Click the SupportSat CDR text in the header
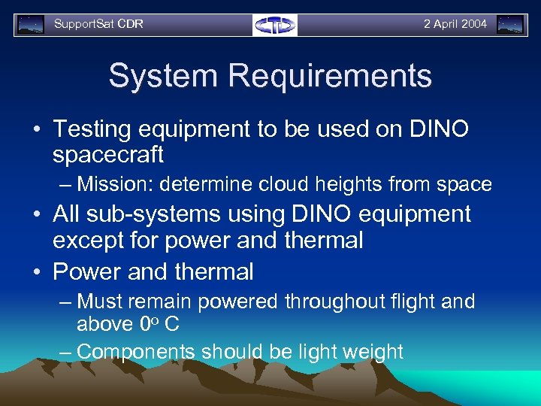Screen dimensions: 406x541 pyautogui.click(x=98, y=24)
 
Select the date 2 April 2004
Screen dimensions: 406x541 pyautogui.click(x=455, y=24)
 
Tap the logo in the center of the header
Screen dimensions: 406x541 pyautogui.click(x=275, y=25)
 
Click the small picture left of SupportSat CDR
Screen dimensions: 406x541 pyautogui.click(x=31, y=25)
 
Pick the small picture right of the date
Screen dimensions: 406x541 pyautogui.click(x=510, y=25)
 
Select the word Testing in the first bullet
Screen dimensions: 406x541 pyautogui.click(x=95, y=129)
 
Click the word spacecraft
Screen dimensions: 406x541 pyautogui.click(x=108, y=155)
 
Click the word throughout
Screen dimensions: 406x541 pyautogui.click(x=337, y=302)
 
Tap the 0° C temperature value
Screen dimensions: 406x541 pyautogui.click(x=159, y=325)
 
